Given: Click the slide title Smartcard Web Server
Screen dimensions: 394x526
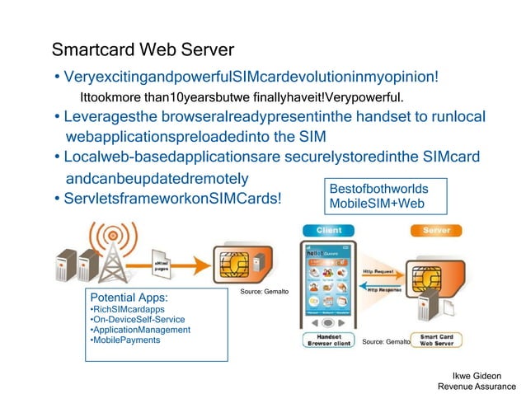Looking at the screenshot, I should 143,50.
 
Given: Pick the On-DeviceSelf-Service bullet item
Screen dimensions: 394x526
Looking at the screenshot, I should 138,319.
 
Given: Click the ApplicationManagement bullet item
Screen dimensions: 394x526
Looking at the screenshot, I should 140,330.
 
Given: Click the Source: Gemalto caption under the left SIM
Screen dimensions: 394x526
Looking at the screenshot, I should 263,293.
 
